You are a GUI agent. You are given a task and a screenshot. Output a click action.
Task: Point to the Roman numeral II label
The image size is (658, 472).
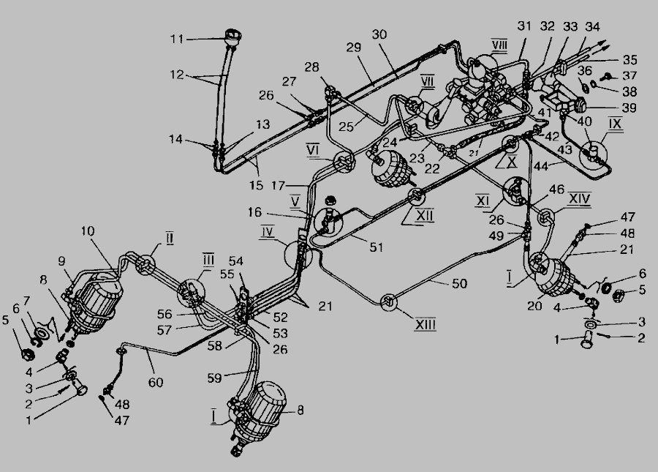tap(168, 239)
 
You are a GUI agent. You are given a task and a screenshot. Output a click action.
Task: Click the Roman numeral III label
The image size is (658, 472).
tap(208, 260)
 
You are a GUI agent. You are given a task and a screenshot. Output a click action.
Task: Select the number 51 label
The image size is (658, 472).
tap(376, 247)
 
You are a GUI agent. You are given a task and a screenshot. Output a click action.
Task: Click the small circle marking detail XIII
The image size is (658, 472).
tap(390, 301)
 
